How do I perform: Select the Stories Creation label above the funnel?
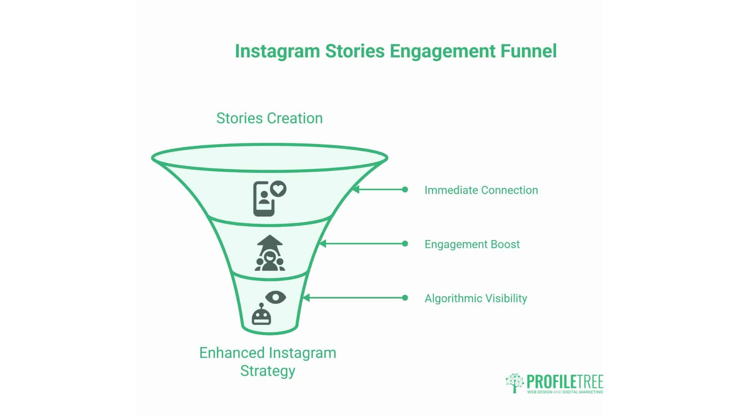[x=269, y=118]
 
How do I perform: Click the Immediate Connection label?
[x=481, y=190]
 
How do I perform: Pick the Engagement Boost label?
[x=472, y=244]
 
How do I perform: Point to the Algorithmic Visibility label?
[x=475, y=299]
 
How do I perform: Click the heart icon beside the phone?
[x=278, y=189]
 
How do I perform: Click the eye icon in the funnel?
[x=276, y=297]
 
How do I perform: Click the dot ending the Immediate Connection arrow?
[x=405, y=189]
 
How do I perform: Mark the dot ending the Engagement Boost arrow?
[x=405, y=244]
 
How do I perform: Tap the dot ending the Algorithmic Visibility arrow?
[x=405, y=298]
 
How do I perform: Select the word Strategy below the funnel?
[x=268, y=371]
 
